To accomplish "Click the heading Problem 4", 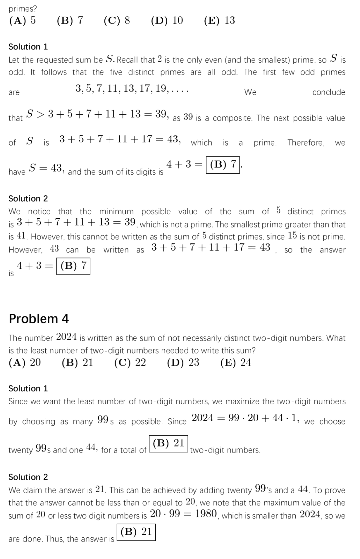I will click(39, 319).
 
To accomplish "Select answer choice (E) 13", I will click(219, 20).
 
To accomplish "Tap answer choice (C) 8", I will click(117, 20).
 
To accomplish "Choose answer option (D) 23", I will click(183, 362).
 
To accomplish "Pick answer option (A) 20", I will click(25, 362).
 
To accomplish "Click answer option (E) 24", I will click(236, 362).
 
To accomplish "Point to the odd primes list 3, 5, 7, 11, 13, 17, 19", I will click(132, 89).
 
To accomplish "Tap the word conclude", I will click(329, 92).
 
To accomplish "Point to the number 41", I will click(21, 236).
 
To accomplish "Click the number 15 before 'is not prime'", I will click(292, 235).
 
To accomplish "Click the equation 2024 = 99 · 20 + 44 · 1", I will click(245, 418).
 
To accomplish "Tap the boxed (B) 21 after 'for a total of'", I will click(169, 443).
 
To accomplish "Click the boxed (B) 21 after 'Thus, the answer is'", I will click(136, 532).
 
